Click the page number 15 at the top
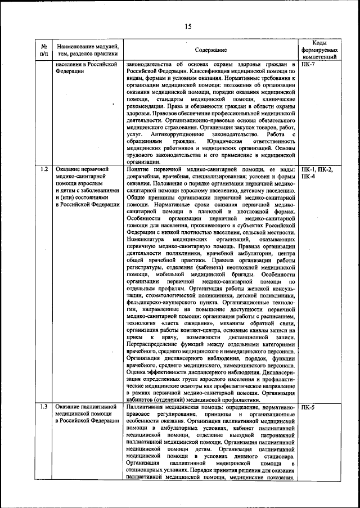tap(188, 26)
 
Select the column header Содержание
tap(211, 50)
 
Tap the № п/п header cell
tap(44, 50)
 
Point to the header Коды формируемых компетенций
tap(318, 50)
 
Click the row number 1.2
tap(44, 169)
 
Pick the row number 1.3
tap(44, 406)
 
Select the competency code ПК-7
tap(309, 65)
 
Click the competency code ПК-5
tap(309, 406)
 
